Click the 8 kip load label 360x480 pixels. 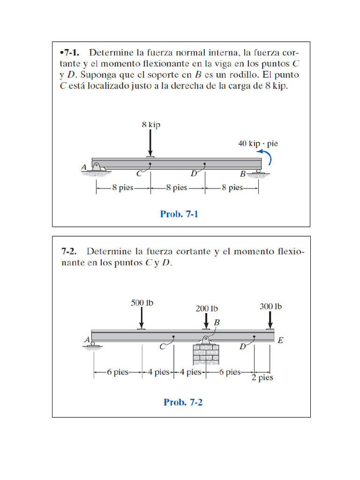pos(150,125)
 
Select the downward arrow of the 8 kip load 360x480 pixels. pos(150,142)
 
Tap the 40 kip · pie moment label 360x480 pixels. pos(258,143)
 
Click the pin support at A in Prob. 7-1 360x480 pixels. pos(97,167)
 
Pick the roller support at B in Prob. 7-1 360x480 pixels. pos(258,172)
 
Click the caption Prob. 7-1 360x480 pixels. pos(180,214)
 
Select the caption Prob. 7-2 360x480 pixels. pos(183,402)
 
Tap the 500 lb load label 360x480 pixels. pos(142,303)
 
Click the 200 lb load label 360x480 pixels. pos(207,308)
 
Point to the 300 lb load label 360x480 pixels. pos(270,307)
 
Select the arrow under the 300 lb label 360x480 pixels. pos(270,321)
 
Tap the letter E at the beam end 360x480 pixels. pos(280,341)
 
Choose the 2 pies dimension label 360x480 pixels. pos(262,378)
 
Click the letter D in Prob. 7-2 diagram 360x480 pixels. pos(242,347)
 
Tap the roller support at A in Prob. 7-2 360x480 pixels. pos(93,344)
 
